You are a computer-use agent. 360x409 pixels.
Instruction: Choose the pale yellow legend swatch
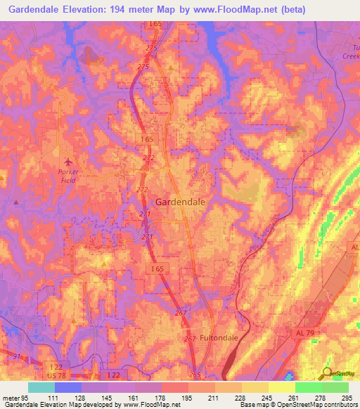pos(282,387)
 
